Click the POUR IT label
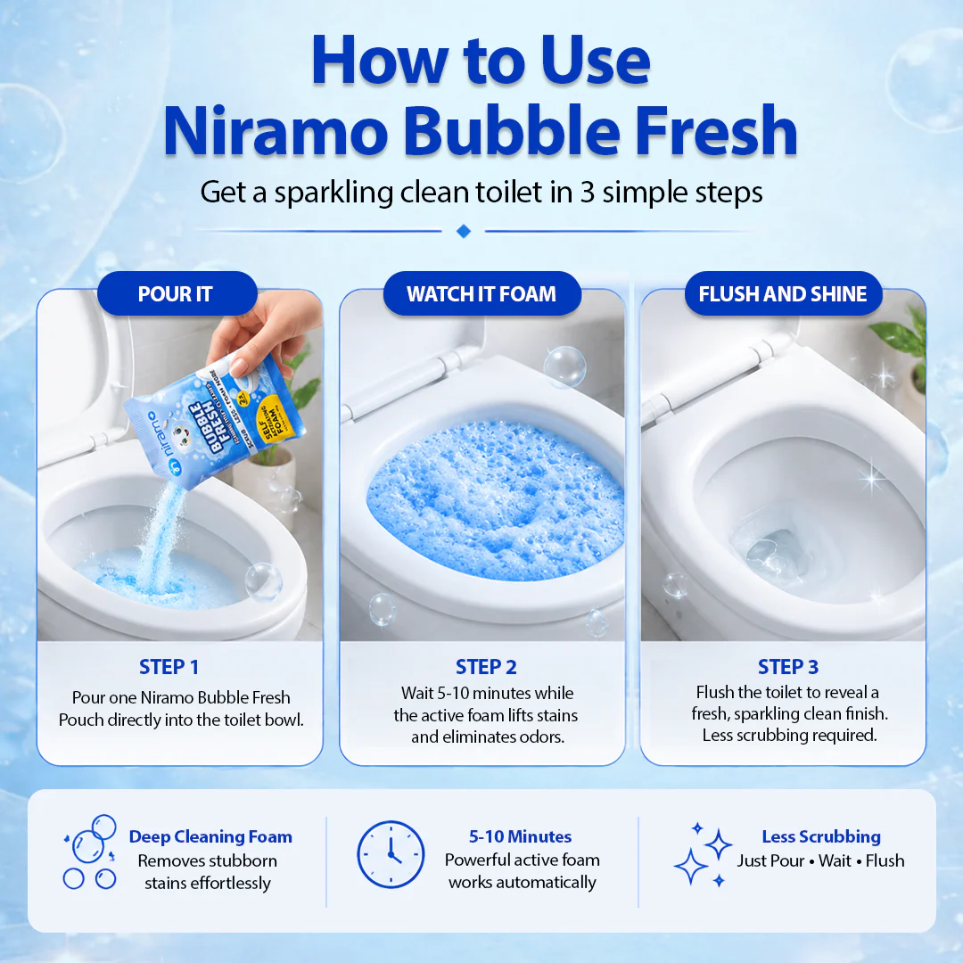coord(176,293)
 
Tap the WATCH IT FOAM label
coord(481,293)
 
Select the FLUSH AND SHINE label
coord(783,293)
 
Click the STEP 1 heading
coord(169,667)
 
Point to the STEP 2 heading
coord(486,667)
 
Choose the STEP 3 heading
coord(788,667)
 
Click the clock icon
coord(391,854)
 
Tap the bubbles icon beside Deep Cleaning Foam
coord(90,852)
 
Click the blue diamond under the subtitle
coord(464,231)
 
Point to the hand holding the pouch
coord(264,329)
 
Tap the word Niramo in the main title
coord(276,131)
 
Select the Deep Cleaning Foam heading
coord(210,836)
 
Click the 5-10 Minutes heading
coord(520,836)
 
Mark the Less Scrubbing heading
coord(821,836)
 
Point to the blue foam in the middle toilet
coord(495,499)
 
